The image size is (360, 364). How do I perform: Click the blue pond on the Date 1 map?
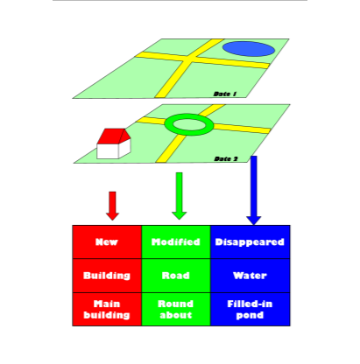point(249,49)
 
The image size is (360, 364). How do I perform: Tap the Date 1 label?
point(225,94)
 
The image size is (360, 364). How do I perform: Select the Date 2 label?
point(226,159)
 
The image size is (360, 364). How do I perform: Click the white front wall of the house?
point(108,151)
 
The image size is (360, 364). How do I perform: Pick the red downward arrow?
point(112,206)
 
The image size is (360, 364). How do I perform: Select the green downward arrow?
point(180,196)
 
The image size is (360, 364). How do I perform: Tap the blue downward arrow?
point(254,190)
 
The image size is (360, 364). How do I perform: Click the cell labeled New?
point(107,241)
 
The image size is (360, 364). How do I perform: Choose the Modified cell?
point(176,241)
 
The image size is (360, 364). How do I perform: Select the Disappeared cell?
point(251,241)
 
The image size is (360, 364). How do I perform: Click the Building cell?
point(107,276)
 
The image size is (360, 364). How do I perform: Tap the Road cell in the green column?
point(176,276)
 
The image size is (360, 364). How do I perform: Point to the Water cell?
point(251,276)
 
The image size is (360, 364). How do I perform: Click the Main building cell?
point(107,309)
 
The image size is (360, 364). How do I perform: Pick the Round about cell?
point(176,309)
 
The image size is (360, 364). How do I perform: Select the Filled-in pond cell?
point(251,309)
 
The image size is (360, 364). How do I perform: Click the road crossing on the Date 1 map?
point(189,58)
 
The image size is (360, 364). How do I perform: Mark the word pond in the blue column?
point(250,315)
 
